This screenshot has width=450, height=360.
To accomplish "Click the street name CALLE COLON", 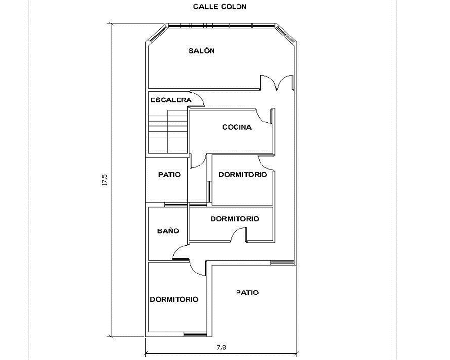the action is [220, 7].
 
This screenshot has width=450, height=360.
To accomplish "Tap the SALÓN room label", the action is [202, 51].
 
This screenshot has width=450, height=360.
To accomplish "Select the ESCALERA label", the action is [171, 100].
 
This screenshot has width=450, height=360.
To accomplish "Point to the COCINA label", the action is [237, 127].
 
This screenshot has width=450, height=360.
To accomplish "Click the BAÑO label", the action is [168, 231].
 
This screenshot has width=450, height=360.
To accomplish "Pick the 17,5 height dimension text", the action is [104, 180].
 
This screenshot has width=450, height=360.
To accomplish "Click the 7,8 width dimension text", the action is [221, 347].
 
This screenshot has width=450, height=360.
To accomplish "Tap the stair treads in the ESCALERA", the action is [168, 131].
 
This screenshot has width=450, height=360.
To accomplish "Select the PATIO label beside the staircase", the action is [169, 175].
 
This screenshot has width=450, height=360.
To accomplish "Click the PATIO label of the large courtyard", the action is [247, 292].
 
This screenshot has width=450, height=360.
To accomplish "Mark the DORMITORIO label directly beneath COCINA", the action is [243, 175].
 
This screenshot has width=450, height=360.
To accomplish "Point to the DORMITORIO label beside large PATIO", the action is [174, 299].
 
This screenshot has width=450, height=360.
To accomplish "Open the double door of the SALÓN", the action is [277, 82].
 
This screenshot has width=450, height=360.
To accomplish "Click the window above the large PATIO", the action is [283, 262].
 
